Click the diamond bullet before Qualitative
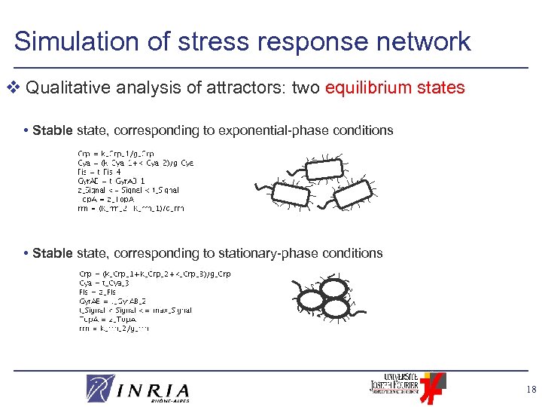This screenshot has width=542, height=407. click(17, 88)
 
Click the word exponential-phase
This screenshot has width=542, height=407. click(270, 130)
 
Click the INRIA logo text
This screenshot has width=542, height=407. click(154, 390)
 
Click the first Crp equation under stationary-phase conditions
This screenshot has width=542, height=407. click(155, 274)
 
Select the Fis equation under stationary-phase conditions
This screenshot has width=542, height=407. click(101, 292)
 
